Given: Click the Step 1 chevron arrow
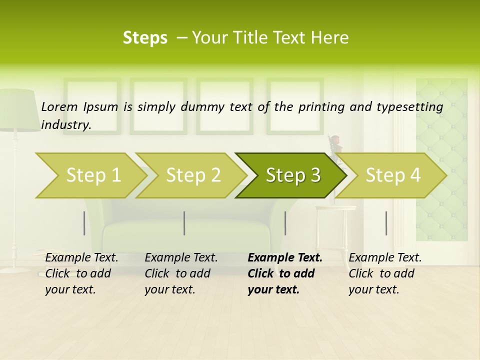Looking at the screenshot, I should tap(90, 175).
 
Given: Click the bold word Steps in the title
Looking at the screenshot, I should tap(145, 37).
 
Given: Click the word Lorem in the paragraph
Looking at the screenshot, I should tap(59, 106).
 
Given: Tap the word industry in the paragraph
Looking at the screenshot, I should tap(65, 124).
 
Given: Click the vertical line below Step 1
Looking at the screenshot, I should tap(84, 223).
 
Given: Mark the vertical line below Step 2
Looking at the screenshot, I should tap(184, 223).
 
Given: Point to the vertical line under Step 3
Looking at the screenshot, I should tap(285, 223).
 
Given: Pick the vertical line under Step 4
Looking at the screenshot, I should tap(386, 223).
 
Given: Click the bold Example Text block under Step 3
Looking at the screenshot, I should tap(284, 273).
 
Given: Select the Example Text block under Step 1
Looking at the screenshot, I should tap(81, 273).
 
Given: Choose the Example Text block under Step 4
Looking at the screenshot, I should tap(385, 273).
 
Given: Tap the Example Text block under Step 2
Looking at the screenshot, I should tap(181, 273).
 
